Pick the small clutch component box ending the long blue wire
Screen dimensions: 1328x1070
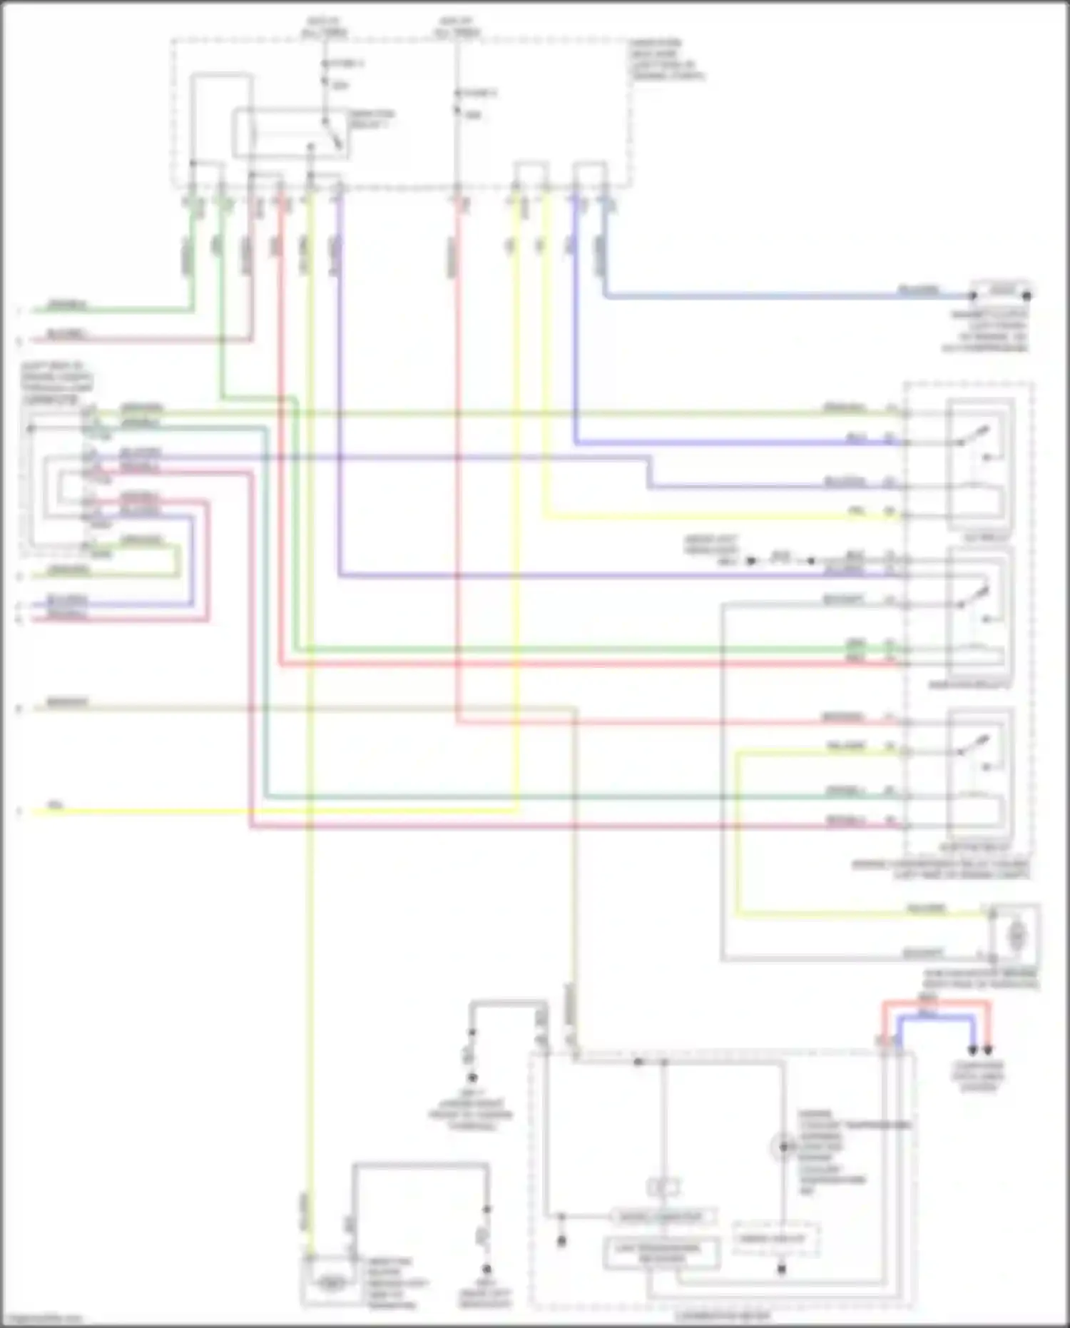point(1001,293)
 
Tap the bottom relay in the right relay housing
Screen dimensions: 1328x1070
point(979,774)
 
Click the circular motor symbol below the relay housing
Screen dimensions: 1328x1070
point(1017,934)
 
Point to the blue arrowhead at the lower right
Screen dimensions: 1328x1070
point(972,1051)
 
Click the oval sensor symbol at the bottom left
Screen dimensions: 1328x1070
point(330,1282)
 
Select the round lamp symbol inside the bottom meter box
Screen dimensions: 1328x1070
point(783,1147)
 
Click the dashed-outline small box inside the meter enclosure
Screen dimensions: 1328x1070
point(775,1240)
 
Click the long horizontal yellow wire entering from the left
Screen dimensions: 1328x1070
point(271,811)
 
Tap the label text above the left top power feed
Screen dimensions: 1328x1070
point(325,28)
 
